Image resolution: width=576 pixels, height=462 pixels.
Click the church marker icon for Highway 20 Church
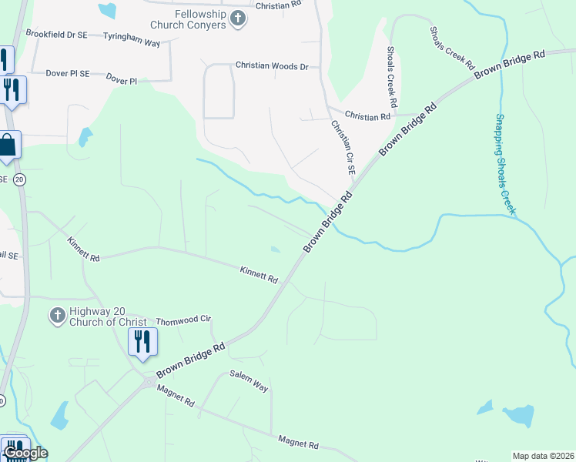(x=56, y=316)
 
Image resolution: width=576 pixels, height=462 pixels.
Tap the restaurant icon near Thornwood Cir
(x=142, y=341)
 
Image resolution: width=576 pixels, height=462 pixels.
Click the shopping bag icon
(x=8, y=146)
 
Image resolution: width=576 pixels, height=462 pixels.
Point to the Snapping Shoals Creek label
(x=505, y=164)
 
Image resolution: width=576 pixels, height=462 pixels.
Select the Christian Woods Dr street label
(x=271, y=66)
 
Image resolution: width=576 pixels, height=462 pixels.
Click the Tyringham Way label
(x=132, y=43)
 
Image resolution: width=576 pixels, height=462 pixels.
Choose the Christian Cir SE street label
(x=343, y=146)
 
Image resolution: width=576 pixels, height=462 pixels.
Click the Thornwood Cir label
(x=183, y=320)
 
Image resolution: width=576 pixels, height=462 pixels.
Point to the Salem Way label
(x=249, y=381)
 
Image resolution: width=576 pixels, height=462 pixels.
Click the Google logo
(x=25, y=453)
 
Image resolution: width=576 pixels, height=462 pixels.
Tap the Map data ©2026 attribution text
(x=543, y=456)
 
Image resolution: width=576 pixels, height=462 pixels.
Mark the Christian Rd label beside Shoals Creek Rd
(x=367, y=116)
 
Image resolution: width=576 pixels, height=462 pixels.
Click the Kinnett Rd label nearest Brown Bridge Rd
(x=258, y=273)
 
